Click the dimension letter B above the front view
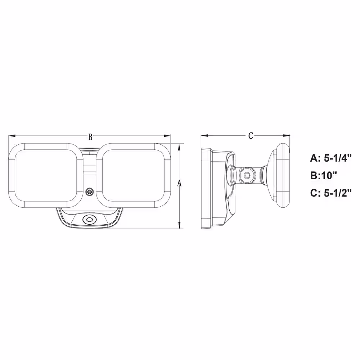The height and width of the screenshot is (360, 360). [90, 137]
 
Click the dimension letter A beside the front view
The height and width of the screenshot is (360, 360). [180, 184]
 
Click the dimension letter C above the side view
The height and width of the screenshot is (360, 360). [251, 136]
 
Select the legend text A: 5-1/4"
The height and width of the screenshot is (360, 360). [331, 158]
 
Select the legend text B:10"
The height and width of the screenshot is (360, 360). [324, 176]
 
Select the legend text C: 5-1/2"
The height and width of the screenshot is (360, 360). [331, 193]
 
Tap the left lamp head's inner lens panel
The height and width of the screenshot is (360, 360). [46, 175]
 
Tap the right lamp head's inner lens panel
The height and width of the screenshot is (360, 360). [134, 175]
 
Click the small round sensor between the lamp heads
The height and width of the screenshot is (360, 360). [89, 192]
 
